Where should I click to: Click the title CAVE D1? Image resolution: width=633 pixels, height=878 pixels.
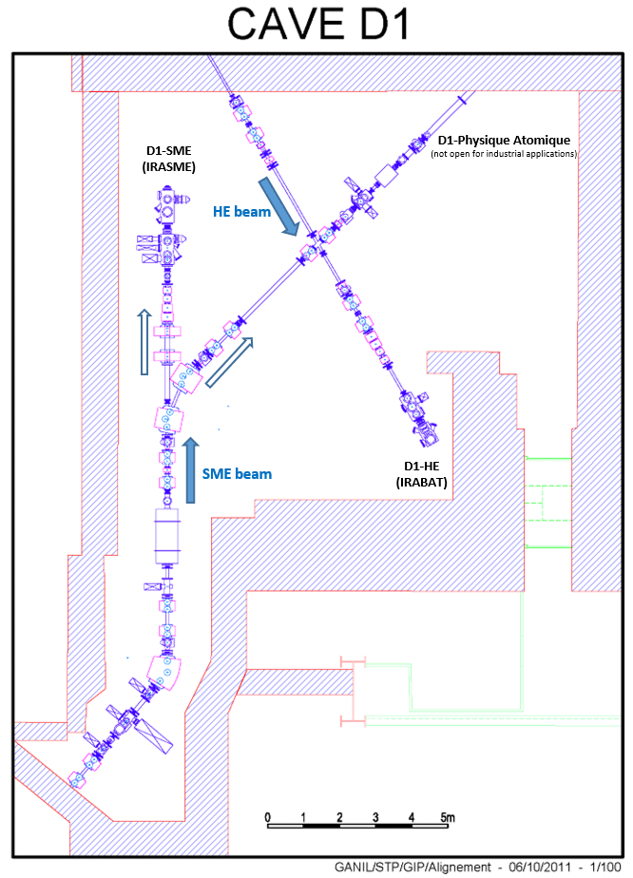316,25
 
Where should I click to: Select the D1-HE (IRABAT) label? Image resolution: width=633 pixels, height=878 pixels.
425,474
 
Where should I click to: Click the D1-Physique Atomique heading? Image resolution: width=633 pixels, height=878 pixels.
504,141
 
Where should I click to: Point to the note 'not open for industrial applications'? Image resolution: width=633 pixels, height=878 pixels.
504,154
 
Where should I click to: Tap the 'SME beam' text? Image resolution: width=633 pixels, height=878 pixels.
237,473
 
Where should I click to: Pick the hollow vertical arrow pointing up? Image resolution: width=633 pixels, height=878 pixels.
143,342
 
